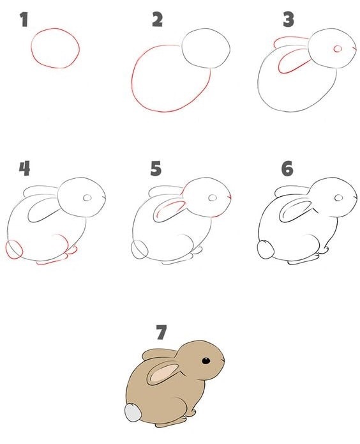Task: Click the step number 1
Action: pos(24,20)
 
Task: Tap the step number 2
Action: pos(157,20)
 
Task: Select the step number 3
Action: pos(289,20)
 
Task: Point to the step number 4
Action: pos(24,169)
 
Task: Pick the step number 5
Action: pos(156,169)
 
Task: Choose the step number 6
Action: pos(287,169)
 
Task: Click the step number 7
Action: pos(161,332)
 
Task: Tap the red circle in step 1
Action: pos(56,48)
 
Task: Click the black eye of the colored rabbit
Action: pos(206,361)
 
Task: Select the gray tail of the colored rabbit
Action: pos(133,413)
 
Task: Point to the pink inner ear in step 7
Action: pos(162,372)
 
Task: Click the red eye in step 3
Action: pos(338,49)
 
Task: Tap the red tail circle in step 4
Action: pos(14,249)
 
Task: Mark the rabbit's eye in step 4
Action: pos(88,199)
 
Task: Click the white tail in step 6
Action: pos(264,250)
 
